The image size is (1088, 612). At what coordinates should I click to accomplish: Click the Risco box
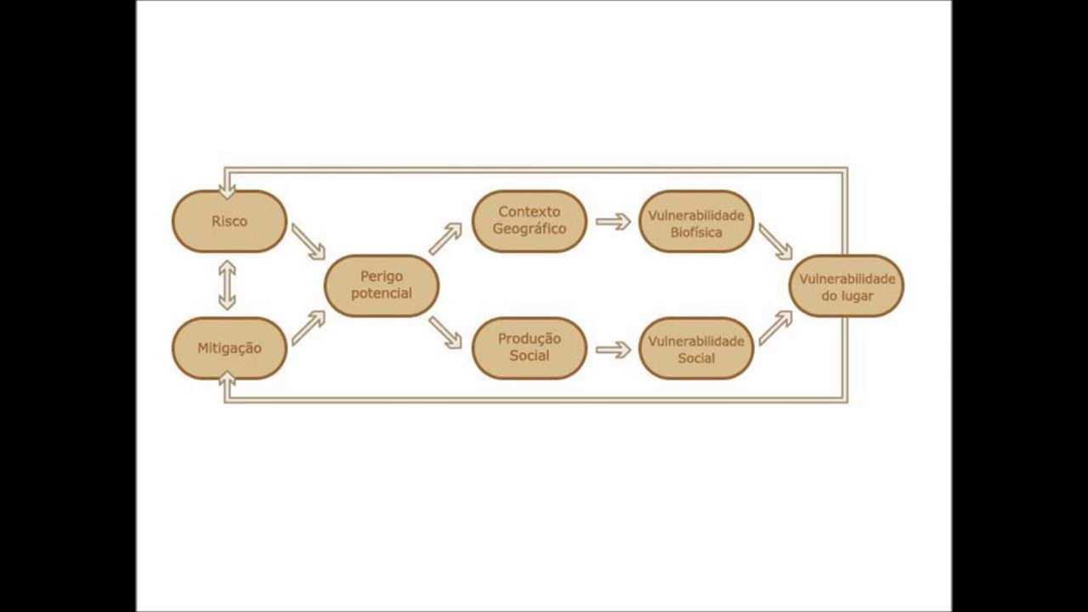(229, 221)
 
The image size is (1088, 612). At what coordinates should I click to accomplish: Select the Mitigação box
(229, 348)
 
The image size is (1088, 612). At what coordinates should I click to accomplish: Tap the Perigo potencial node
(382, 286)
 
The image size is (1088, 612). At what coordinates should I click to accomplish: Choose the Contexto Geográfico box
(529, 221)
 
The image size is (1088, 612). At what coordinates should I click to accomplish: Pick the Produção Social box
(529, 348)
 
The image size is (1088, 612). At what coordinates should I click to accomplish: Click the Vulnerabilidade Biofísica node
(696, 222)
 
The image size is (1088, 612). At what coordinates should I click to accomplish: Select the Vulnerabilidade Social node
(696, 348)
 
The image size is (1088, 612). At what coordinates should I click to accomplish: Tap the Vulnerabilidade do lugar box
(847, 286)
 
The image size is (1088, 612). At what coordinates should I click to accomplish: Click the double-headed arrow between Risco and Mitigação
(227, 285)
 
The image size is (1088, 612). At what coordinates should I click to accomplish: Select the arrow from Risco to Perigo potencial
(308, 241)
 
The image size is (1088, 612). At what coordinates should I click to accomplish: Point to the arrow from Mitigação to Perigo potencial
(308, 328)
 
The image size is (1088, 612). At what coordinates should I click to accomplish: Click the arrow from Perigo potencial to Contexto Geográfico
(445, 239)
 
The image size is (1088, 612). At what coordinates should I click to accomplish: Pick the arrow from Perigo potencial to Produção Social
(445, 332)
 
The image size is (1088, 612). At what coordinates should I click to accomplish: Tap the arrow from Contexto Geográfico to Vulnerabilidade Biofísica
(613, 222)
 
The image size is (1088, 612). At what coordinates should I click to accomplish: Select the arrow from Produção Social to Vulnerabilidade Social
(613, 349)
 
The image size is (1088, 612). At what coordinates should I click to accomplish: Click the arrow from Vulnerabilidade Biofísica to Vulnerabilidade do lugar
(775, 241)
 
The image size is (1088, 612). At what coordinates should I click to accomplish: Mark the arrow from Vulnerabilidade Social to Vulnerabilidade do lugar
(775, 328)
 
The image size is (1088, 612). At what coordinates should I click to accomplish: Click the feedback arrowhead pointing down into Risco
(227, 190)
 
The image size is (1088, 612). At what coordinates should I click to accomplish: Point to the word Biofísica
(696, 231)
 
